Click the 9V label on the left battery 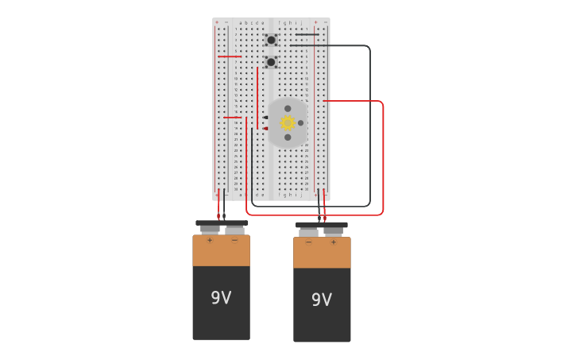pos(221,298)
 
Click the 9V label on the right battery pos(321,300)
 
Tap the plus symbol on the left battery pos(210,240)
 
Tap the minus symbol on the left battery pos(234,240)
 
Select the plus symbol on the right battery pos(334,242)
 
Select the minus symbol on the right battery pos(308,242)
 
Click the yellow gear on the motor pos(288,122)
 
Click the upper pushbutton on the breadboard pos(271,40)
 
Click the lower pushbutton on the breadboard pos(271,62)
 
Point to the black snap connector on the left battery pos(222,223)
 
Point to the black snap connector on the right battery pos(321,225)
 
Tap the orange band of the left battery pos(221,252)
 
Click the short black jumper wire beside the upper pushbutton pos(307,35)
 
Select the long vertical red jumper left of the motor pos(257,95)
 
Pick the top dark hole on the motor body pos(288,108)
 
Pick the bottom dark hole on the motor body pos(288,137)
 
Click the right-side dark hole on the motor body pos(300,122)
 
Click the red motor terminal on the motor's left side pos(266,128)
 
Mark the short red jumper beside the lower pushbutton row pos(229,56)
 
